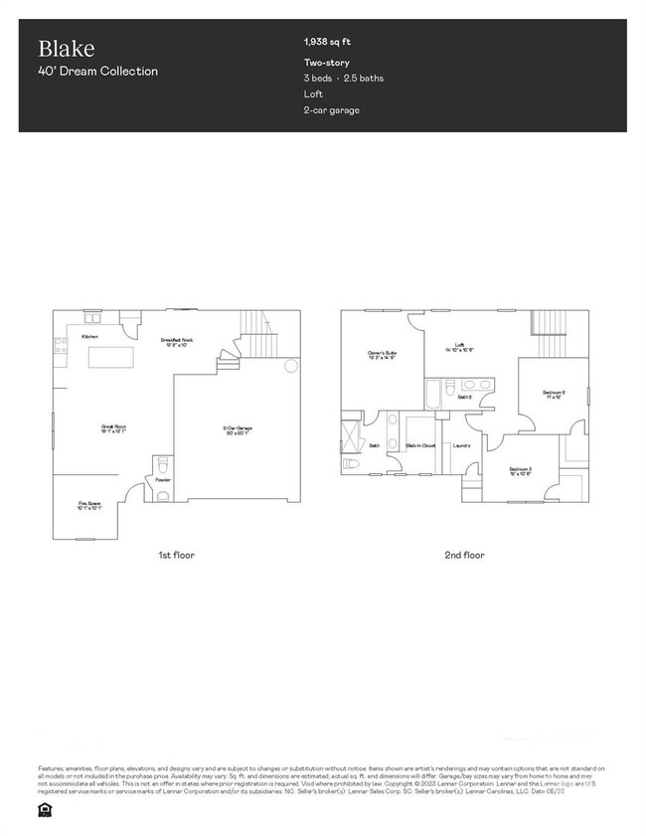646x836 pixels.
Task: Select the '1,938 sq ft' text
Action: (x=327, y=42)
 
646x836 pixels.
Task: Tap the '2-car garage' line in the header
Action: (x=332, y=109)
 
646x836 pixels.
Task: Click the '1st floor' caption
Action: (x=177, y=555)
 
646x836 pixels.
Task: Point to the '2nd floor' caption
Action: (x=464, y=555)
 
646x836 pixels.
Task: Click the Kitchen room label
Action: (x=89, y=338)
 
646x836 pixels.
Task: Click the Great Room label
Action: (x=112, y=429)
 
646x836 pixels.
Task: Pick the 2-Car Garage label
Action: (x=237, y=430)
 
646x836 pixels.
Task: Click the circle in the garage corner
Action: (x=291, y=367)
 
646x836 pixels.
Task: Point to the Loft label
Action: (x=460, y=347)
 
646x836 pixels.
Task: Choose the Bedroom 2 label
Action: (x=555, y=394)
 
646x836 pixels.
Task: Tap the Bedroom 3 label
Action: (x=521, y=471)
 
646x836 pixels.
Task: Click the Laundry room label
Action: (x=461, y=445)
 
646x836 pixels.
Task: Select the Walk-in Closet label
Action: (x=420, y=445)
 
